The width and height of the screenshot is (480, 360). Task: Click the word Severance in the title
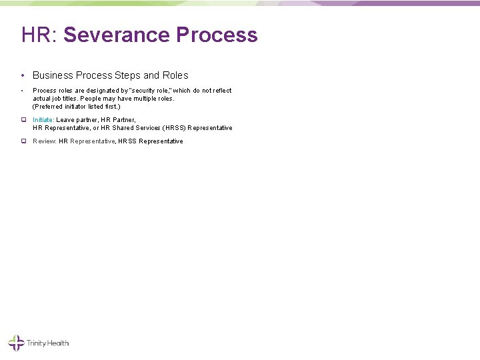[x=117, y=35]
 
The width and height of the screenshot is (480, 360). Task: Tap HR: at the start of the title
[x=39, y=35]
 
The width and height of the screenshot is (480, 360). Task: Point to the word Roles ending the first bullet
[x=174, y=75]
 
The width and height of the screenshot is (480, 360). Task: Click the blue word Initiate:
[x=43, y=119]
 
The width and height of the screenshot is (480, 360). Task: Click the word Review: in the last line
[x=45, y=141]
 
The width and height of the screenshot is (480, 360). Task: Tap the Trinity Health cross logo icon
[x=15, y=343]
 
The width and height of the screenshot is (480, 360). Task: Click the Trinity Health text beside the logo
[x=47, y=344]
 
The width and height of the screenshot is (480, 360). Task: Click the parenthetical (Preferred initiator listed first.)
[x=77, y=107]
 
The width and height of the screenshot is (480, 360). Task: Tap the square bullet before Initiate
[x=23, y=119]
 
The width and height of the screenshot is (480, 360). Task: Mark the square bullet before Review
[x=23, y=141]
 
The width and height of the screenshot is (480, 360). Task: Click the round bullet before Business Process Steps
[x=23, y=75]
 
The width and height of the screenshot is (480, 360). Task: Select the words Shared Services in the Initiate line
[x=136, y=127]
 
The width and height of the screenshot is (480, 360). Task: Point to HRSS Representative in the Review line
[x=151, y=141]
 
